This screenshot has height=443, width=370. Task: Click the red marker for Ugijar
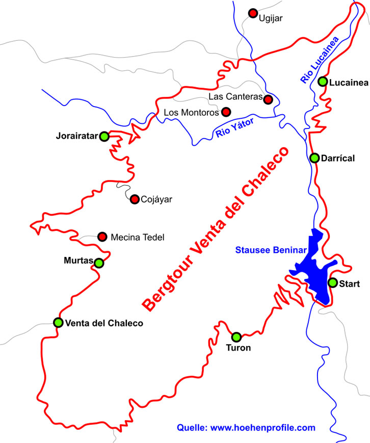(253, 13)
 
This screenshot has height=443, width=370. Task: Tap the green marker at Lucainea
(323, 81)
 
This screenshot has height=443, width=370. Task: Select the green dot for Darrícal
(314, 158)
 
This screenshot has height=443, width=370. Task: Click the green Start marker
(332, 282)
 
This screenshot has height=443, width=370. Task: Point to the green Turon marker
(236, 337)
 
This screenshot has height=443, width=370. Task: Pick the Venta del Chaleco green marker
(58, 322)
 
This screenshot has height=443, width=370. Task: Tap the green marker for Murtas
(99, 263)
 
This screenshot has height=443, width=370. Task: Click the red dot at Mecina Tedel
(102, 236)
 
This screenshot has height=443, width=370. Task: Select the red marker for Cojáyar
(135, 199)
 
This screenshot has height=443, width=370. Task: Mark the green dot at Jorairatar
(104, 136)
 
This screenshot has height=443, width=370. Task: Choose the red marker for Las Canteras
(268, 99)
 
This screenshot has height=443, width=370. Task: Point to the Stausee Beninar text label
(271, 250)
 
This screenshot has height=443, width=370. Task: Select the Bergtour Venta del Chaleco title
(216, 229)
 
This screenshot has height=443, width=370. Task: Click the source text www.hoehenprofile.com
(246, 427)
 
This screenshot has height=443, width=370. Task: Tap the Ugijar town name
(271, 18)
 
